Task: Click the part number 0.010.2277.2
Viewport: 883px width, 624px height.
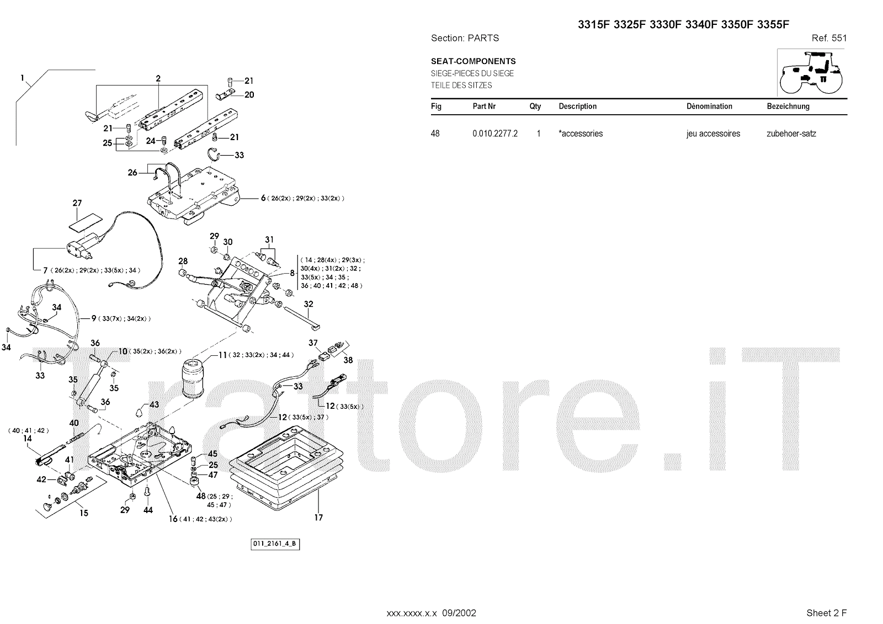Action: (494, 134)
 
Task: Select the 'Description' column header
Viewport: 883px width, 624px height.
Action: (577, 106)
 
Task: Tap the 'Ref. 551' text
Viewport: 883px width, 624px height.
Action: (829, 38)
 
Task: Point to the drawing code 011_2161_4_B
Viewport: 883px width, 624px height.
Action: (275, 544)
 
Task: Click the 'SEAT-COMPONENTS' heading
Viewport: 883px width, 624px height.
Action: (473, 61)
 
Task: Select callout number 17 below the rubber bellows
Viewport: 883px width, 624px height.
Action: (318, 518)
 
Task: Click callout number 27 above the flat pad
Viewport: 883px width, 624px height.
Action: (77, 204)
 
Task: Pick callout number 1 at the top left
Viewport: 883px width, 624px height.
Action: (23, 78)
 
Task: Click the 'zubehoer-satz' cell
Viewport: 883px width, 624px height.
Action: (791, 134)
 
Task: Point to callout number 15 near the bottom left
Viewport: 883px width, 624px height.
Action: (84, 513)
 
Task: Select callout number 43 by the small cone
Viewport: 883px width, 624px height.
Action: (154, 404)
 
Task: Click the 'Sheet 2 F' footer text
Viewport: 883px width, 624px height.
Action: (826, 613)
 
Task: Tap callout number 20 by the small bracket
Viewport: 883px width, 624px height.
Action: (249, 95)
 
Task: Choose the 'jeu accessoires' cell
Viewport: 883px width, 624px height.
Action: (713, 134)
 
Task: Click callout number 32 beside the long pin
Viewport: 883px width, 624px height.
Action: (308, 304)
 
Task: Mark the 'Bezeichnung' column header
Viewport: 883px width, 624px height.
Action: (788, 106)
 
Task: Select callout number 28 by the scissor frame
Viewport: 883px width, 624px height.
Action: (183, 262)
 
